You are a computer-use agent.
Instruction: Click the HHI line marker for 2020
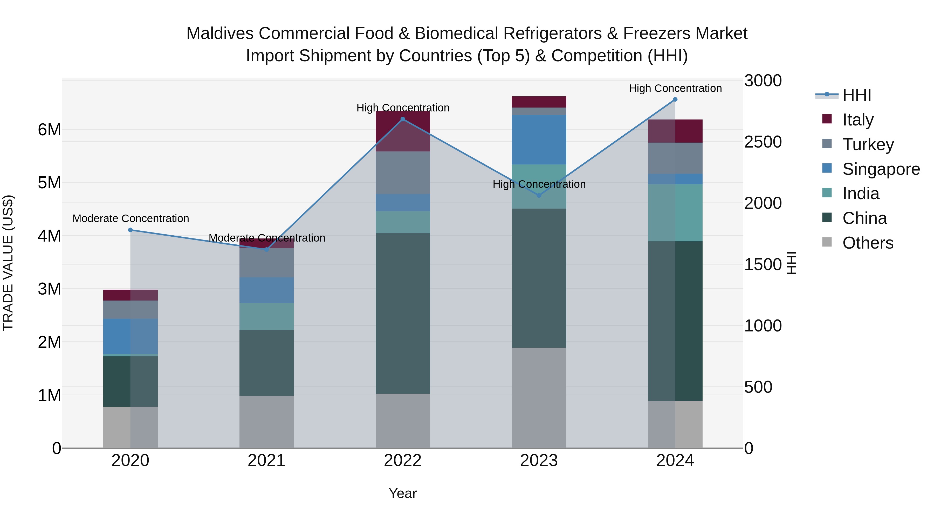click(131, 230)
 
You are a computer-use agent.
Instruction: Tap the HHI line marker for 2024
click(675, 99)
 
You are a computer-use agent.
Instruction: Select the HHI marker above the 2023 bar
click(539, 196)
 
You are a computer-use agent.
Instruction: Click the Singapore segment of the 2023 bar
click(539, 140)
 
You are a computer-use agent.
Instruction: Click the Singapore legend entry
click(881, 169)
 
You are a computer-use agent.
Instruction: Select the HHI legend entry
click(856, 95)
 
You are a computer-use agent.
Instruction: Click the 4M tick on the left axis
click(49, 236)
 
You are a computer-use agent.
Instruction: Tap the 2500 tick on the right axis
click(763, 142)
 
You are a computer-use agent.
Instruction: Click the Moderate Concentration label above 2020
click(131, 218)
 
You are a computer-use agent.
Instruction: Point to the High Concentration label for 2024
click(675, 88)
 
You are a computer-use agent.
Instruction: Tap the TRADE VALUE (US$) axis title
click(8, 263)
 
